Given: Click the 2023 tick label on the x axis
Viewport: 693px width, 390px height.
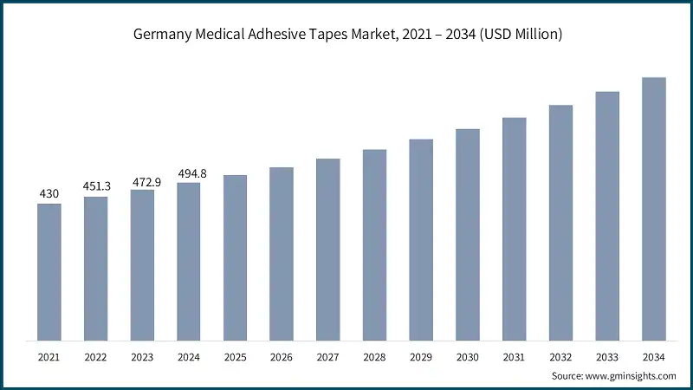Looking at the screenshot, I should (x=142, y=356).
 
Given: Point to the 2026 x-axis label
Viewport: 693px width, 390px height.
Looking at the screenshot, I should (x=282, y=356).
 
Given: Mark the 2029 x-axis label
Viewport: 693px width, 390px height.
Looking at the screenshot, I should (x=421, y=356).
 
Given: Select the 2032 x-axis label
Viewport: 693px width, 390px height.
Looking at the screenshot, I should (x=560, y=356).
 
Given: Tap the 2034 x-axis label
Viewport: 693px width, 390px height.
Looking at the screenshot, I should (x=654, y=356).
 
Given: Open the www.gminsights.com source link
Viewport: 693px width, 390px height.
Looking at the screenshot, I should (x=631, y=375).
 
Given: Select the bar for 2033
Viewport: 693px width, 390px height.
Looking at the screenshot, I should (x=607, y=216).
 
